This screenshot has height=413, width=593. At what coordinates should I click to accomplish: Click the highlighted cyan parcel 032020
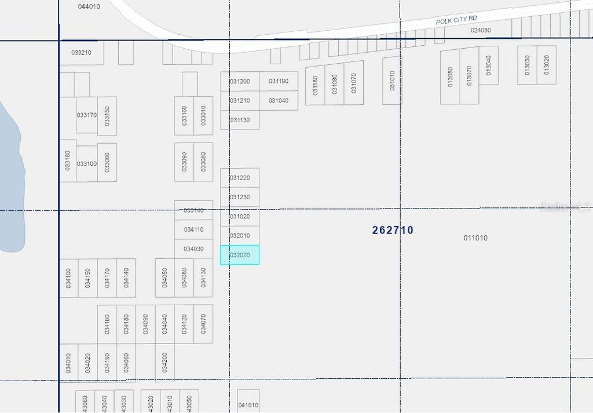coord(240,255)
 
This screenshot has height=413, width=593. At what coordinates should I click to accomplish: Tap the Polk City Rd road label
coord(456,20)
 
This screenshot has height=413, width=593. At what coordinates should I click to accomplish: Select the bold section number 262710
coord(393,230)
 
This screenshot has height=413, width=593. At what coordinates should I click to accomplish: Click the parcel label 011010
coord(475,238)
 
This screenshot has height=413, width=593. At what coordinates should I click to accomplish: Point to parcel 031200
coord(240,82)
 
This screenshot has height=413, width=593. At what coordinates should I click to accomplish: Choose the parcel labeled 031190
coord(279,82)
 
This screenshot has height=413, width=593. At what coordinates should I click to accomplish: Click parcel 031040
coord(279,101)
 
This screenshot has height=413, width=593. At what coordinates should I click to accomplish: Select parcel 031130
coord(240,120)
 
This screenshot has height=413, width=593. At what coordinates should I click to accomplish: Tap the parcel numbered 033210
coord(82,53)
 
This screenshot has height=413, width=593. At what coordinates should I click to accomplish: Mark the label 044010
coord(89,6)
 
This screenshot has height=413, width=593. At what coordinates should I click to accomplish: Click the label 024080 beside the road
coord(481,30)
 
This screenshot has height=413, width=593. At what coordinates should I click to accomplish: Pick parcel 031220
coord(240,178)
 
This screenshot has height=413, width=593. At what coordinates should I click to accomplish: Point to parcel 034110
coord(193,229)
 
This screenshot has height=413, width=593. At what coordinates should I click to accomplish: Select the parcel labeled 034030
coord(193,249)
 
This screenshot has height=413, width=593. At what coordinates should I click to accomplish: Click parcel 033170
coord(86,115)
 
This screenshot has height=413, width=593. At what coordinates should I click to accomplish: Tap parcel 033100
coord(86,164)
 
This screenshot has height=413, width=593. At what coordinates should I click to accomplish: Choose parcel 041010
coord(248,405)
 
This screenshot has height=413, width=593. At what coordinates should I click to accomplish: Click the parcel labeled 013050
coord(450,76)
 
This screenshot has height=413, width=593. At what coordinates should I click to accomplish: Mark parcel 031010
coord(392,81)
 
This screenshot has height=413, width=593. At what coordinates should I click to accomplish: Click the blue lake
coord(10,180)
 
